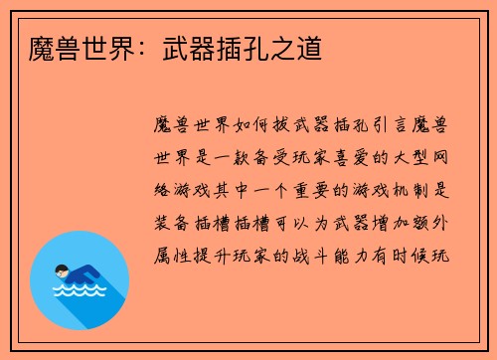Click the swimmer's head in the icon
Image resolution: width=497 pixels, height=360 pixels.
coord(61,270)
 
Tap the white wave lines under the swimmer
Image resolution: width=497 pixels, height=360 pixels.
coord(79,291)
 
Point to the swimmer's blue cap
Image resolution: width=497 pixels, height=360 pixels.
coord(59,266)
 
